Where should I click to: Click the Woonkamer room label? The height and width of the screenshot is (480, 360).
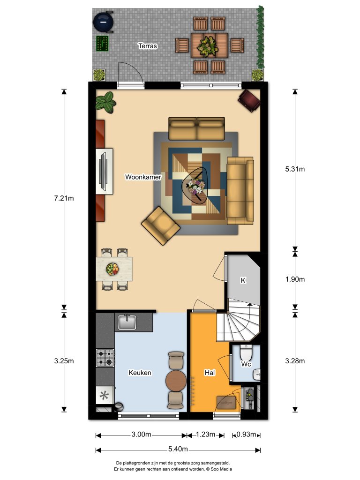point(143,177)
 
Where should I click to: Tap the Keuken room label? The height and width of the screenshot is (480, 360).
point(140,373)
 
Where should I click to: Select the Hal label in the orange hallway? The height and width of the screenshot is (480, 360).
point(210,373)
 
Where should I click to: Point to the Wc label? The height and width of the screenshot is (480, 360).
point(246,364)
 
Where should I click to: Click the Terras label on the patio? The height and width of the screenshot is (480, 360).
point(147,46)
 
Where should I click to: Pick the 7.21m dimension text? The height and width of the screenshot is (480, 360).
point(64,198)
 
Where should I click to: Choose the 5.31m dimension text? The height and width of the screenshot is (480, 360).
point(295,169)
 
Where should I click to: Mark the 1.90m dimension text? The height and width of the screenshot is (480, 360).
point(295,279)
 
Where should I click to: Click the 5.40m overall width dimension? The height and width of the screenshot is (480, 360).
point(178,450)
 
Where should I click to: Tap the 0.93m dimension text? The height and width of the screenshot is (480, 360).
point(246,435)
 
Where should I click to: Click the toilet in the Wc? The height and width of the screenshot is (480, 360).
point(246,352)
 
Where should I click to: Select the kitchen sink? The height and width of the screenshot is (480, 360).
point(127,322)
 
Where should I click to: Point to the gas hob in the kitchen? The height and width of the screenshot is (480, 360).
point(105,358)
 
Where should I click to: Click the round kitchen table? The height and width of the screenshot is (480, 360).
point(176,380)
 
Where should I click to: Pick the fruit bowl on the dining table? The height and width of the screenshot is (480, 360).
point(112,269)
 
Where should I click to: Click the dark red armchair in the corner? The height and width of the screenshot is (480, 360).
point(249,100)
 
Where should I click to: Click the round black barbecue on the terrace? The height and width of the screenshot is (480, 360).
point(104,21)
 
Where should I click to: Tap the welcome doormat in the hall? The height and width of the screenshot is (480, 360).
point(227,402)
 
